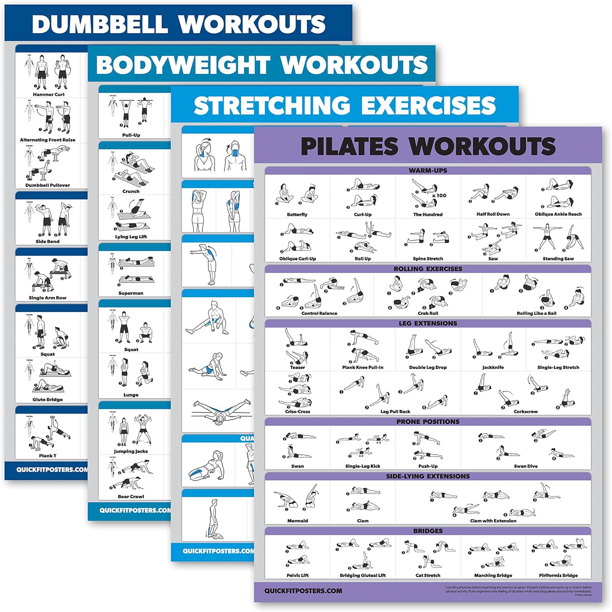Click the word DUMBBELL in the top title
[x=100, y=24]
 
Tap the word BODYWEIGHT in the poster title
[x=183, y=65]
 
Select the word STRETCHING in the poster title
[x=272, y=106]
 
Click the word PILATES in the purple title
[x=349, y=147]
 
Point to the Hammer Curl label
[x=49, y=94]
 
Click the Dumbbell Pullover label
[x=48, y=185]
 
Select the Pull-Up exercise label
[x=131, y=135]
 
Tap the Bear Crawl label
[x=131, y=496]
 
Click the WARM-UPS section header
[x=428, y=170]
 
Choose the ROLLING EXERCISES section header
[x=428, y=269]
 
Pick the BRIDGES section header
[x=428, y=531]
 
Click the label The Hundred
[x=428, y=214]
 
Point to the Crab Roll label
[x=428, y=313]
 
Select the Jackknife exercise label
[x=493, y=367]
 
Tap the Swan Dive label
[x=526, y=466]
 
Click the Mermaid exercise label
[x=297, y=521]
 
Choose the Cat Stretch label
[x=428, y=575]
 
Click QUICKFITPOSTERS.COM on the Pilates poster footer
[x=303, y=591]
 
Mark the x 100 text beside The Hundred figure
[x=439, y=196]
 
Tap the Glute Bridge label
[x=48, y=399]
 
